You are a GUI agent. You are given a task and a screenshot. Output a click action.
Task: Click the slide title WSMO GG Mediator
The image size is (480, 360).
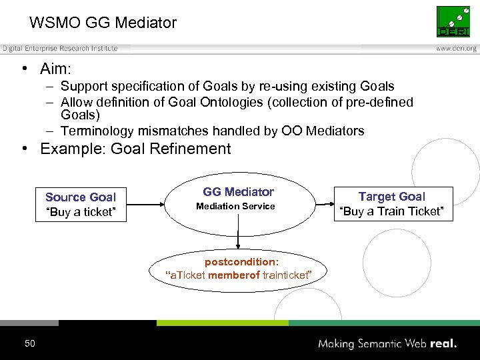click(x=103, y=23)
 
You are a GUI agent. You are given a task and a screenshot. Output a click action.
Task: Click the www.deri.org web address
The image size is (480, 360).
click(x=456, y=49)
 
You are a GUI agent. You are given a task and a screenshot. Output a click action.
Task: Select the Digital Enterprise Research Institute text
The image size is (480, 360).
click(x=60, y=49)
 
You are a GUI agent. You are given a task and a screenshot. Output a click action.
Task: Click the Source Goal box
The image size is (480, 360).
click(x=81, y=205)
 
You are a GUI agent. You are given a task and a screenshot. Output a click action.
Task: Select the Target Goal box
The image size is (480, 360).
click(x=391, y=204)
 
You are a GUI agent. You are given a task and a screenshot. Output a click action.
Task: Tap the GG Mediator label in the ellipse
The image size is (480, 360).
click(x=238, y=192)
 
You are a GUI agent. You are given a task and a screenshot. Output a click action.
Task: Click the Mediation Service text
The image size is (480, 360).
click(x=235, y=207)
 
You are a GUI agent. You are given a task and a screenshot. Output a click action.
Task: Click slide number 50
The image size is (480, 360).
click(x=29, y=343)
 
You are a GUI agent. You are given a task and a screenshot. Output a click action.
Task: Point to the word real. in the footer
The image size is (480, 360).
click(x=443, y=344)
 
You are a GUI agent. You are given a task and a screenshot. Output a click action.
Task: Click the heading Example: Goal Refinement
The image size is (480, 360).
click(x=135, y=149)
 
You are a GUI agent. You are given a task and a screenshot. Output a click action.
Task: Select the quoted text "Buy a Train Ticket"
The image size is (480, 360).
click(x=391, y=212)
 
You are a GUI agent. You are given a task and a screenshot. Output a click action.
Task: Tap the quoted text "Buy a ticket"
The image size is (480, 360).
click(x=81, y=213)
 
